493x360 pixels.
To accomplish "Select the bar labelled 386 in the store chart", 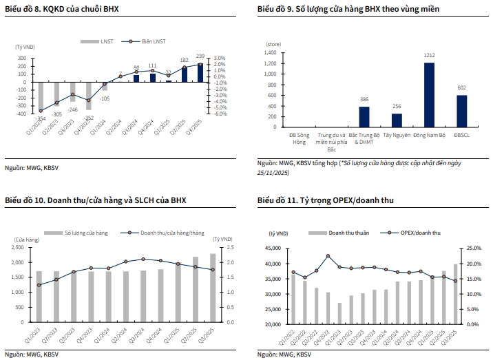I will (x=364, y=117).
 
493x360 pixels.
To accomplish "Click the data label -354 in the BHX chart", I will (x=41, y=118).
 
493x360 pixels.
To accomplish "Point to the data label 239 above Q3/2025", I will (x=200, y=56).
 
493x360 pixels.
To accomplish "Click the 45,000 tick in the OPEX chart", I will (x=269, y=248).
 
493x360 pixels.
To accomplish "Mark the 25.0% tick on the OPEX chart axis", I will (x=475, y=248).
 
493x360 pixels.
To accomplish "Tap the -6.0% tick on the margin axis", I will (x=220, y=114).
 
